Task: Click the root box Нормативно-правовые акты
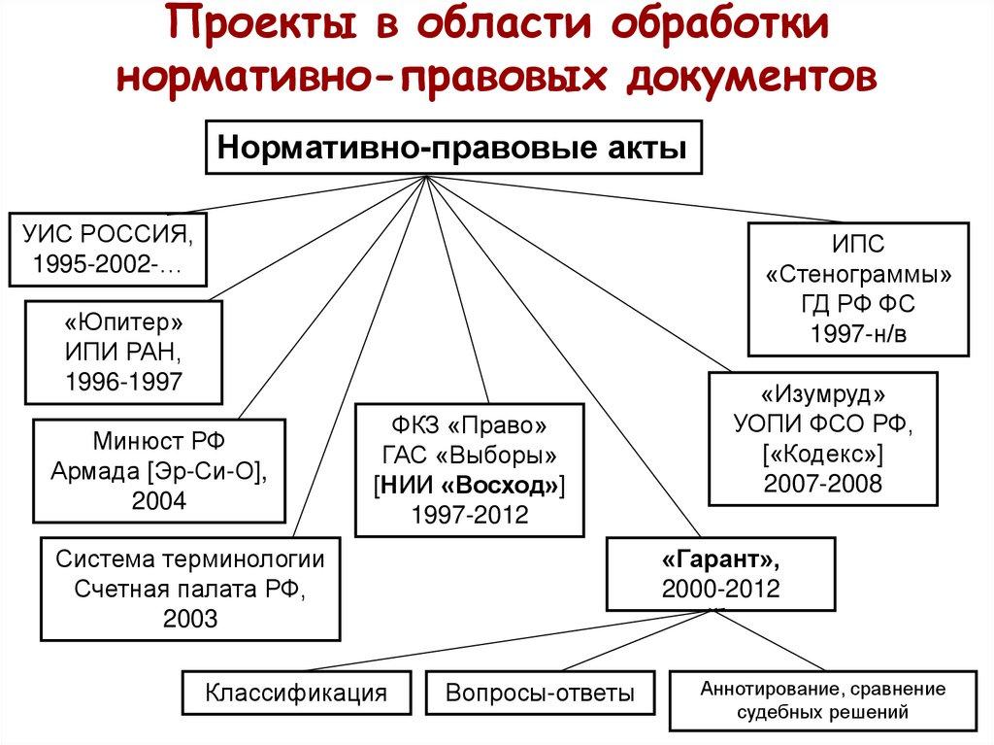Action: point(452,149)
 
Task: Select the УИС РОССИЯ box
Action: point(108,249)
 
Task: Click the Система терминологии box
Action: point(189,589)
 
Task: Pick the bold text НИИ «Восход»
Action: point(469,485)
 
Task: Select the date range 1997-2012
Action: point(469,515)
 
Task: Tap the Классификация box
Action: point(296,694)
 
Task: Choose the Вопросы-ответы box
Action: point(541,694)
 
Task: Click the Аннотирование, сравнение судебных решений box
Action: point(822,700)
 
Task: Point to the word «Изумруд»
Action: point(822,395)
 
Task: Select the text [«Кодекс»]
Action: point(822,455)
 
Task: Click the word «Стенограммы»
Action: point(857,274)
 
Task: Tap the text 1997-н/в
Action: point(857,335)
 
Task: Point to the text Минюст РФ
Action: point(160,440)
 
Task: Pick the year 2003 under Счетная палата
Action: point(189,619)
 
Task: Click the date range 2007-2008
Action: point(822,484)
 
